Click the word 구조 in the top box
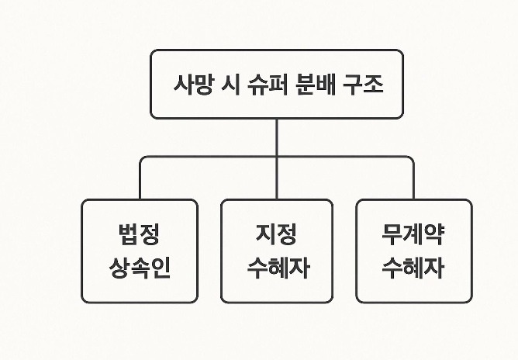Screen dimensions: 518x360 click(x=363, y=85)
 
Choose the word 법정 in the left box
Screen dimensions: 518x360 click(x=139, y=234)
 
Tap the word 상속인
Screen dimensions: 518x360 click(x=140, y=268)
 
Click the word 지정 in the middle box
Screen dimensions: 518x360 click(x=276, y=234)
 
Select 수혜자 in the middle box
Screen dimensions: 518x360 click(x=278, y=268)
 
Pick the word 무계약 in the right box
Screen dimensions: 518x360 click(x=413, y=234)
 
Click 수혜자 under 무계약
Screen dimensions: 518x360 click(x=413, y=268)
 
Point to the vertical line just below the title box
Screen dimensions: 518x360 click(x=277, y=137)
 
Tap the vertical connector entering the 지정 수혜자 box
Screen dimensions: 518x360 click(x=277, y=178)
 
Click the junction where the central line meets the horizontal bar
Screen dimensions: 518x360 click(x=277, y=157)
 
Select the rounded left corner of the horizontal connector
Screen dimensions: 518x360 click(x=141, y=158)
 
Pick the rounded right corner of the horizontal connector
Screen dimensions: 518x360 click(x=412, y=158)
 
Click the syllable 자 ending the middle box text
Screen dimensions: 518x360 click(x=299, y=268)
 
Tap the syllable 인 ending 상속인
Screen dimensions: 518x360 click(x=161, y=268)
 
